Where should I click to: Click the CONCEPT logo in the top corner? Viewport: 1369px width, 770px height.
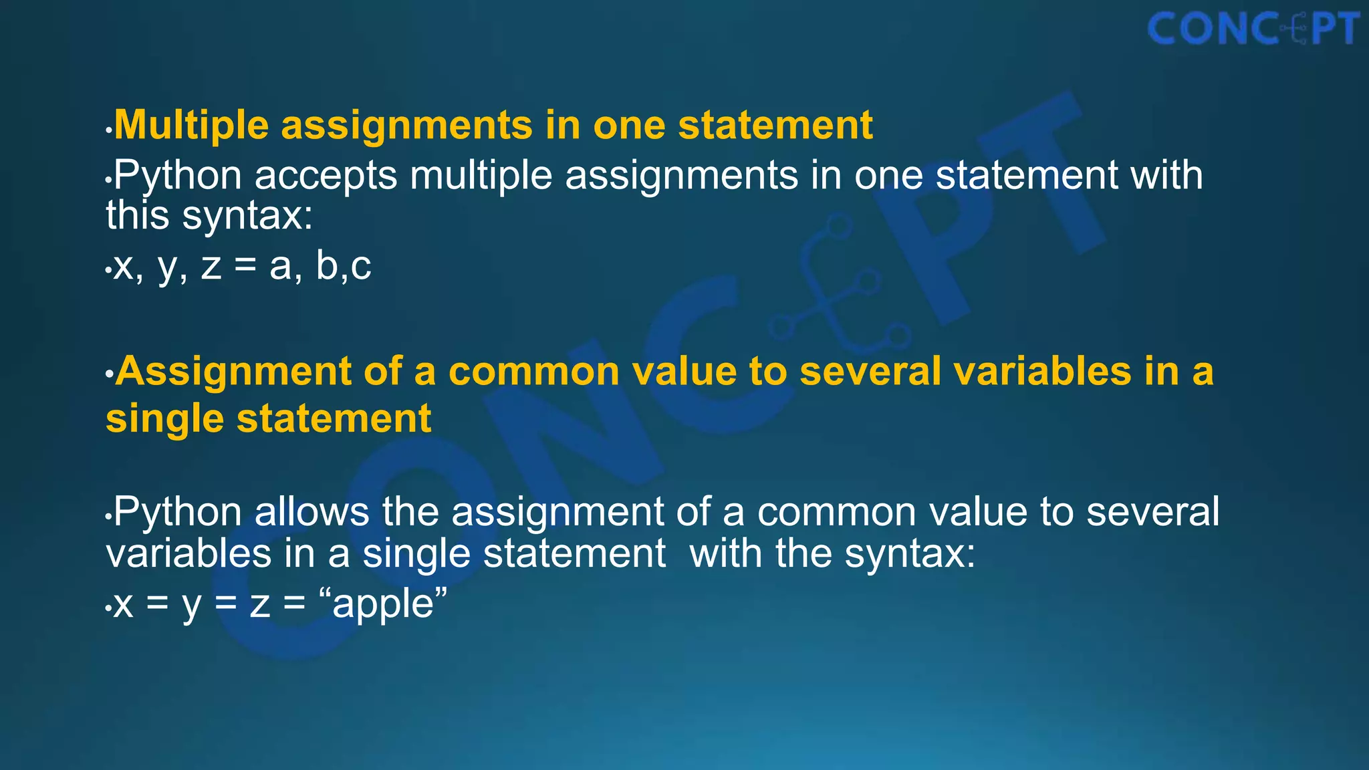1253,29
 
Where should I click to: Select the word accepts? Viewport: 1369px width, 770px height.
326,176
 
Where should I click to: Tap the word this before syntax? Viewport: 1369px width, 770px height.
137,215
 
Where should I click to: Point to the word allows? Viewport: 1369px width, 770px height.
312,512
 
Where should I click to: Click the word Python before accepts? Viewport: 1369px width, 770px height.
177,176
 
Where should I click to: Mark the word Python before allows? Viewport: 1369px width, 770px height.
177,512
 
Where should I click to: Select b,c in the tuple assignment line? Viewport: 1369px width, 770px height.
344,266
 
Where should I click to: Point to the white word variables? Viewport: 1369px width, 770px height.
189,553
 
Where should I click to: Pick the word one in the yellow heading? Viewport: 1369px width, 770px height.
629,125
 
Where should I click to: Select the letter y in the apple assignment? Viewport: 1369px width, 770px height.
191,605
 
